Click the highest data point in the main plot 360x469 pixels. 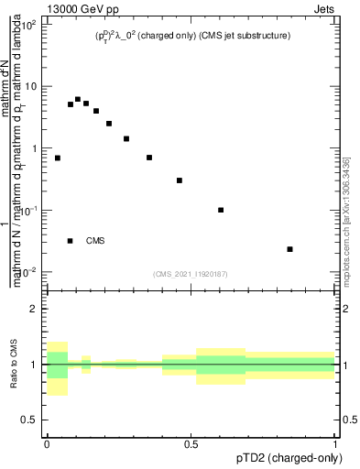pyautogui.click(x=78, y=99)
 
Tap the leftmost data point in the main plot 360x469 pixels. pyautogui.click(x=58, y=158)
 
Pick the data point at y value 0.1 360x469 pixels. pyautogui.click(x=221, y=210)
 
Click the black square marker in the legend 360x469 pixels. pyautogui.click(x=71, y=241)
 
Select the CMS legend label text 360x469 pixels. pyautogui.click(x=95, y=241)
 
